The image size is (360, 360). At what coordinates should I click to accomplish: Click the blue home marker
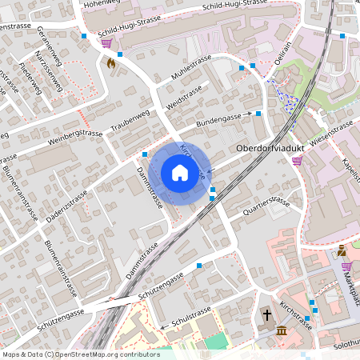(x=180, y=172)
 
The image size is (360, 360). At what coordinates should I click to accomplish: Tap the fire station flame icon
(x=111, y=61)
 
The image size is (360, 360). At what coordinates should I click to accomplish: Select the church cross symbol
(x=266, y=315)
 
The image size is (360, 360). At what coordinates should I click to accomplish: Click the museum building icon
(x=282, y=330)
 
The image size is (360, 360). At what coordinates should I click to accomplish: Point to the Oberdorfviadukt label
(x=266, y=149)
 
